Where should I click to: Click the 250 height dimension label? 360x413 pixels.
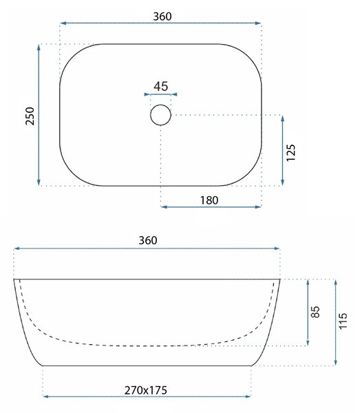pyautogui.click(x=30, y=116)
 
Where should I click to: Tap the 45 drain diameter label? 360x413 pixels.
pyautogui.click(x=161, y=87)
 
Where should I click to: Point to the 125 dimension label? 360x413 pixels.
pyautogui.click(x=291, y=153)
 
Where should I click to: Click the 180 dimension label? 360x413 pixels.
pyautogui.click(x=209, y=200)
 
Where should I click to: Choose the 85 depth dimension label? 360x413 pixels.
pyautogui.click(x=315, y=312)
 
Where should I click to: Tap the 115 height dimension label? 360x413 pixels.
pyautogui.click(x=343, y=321)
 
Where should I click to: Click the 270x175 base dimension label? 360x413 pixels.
pyautogui.click(x=146, y=390)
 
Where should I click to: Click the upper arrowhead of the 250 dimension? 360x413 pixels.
pyautogui.click(x=39, y=47)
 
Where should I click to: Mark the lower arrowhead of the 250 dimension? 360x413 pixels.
pyautogui.click(x=39, y=182)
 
